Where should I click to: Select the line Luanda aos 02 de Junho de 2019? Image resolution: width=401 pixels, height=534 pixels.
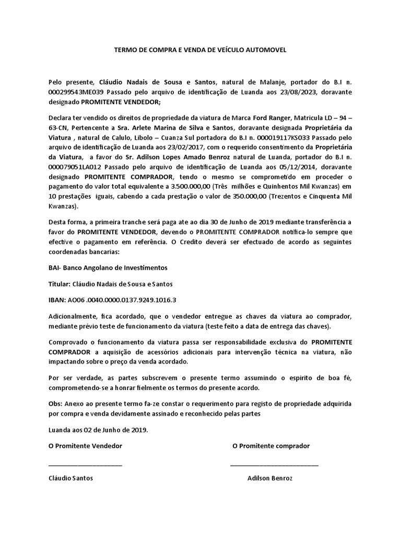click(x=98, y=430)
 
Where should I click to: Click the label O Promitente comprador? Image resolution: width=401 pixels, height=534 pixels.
click(x=271, y=446)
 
